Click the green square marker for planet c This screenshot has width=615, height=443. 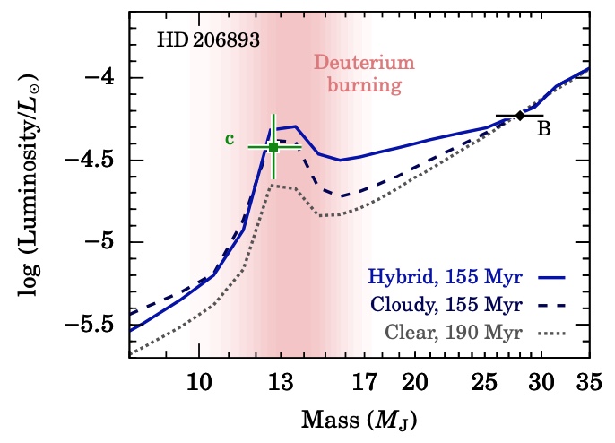273,147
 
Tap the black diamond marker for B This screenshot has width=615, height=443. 520,116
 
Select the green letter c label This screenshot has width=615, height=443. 230,139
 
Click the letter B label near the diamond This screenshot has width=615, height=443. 543,128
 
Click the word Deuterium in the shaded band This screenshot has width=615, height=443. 351,64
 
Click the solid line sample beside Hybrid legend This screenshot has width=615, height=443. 563,275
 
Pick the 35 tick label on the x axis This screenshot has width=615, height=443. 588,382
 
